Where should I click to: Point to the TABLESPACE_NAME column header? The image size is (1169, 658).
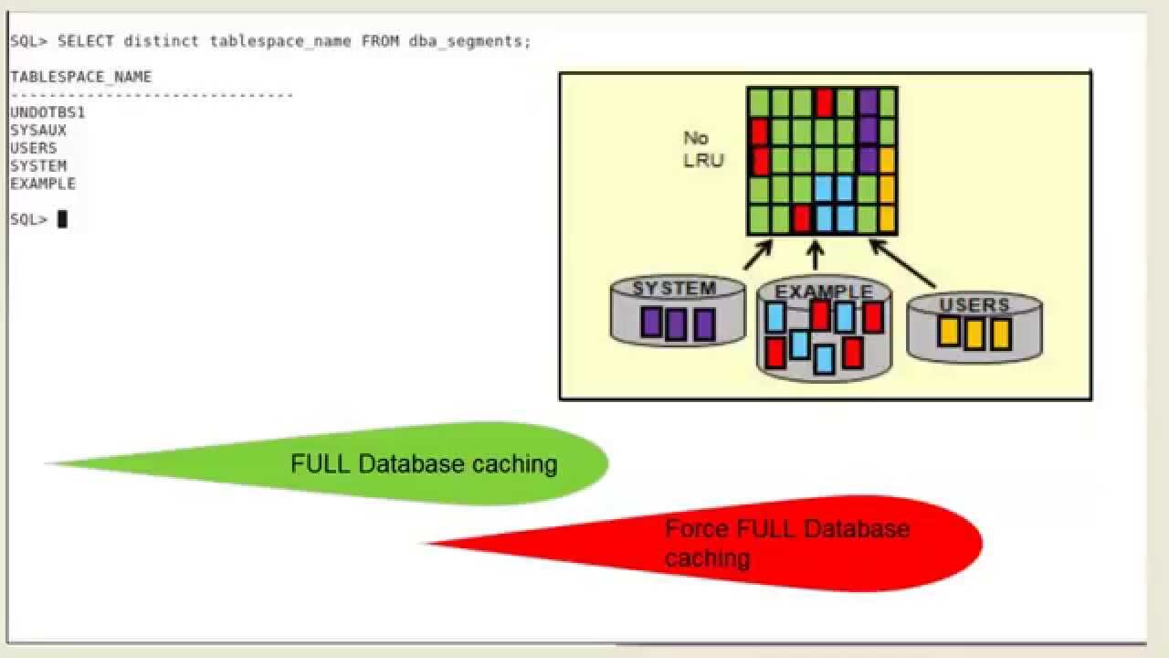80,77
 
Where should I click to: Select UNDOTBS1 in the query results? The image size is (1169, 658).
47,112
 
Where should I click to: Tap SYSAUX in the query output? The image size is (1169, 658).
38,130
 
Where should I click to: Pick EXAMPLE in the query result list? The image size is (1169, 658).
43,184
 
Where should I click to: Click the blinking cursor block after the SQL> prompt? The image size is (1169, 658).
62,219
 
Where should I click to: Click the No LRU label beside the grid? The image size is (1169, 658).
702,149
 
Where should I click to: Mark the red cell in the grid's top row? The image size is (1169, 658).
825,101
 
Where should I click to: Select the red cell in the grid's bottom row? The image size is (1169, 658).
802,219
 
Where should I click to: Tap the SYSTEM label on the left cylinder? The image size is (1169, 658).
674,289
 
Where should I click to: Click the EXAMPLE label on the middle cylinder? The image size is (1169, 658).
823,292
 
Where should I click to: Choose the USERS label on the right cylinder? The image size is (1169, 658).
974,305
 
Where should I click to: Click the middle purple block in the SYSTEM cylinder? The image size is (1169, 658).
676,324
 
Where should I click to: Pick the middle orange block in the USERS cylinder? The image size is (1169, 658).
974,334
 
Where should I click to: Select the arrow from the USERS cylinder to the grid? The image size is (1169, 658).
902,263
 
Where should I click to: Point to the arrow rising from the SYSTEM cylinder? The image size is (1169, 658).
759,255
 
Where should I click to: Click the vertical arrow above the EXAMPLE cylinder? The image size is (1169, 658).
815,256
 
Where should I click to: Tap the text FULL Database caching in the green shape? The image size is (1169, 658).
424,464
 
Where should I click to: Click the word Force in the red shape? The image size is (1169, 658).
697,529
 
